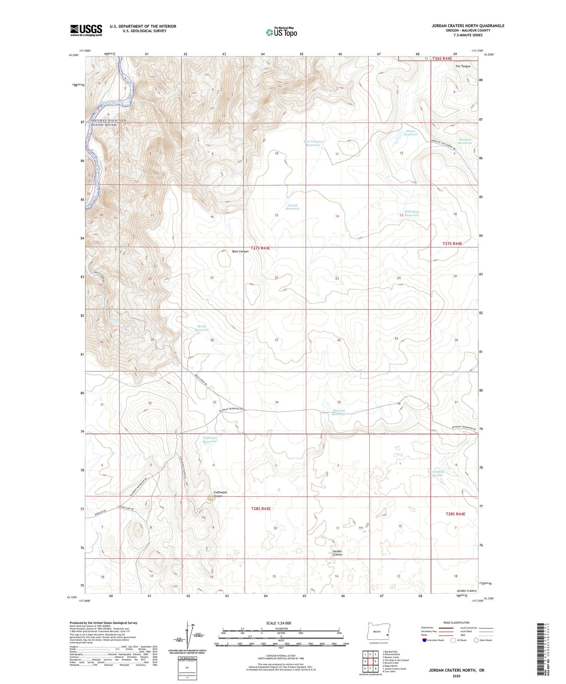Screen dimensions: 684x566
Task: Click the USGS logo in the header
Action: pos(86,30)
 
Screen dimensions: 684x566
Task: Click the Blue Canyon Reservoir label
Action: pos(313,143)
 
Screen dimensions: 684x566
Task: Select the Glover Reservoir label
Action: pos(411,133)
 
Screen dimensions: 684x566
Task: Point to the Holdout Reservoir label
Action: pos(465,141)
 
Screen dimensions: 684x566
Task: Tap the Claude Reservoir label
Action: pos(293,207)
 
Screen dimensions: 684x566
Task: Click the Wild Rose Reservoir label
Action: pos(412,213)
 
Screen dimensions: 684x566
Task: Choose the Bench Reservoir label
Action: pos(202,328)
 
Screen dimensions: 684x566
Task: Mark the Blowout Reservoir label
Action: pos(339,412)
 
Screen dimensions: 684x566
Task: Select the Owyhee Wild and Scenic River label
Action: pos(109,122)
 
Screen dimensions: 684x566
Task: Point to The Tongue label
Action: pos(462,66)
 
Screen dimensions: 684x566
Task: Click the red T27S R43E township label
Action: pos(260,248)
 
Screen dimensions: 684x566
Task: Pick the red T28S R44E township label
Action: pos(455,514)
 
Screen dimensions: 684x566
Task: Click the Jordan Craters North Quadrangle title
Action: pos(468,26)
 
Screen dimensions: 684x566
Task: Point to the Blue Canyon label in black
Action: pos(240,252)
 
